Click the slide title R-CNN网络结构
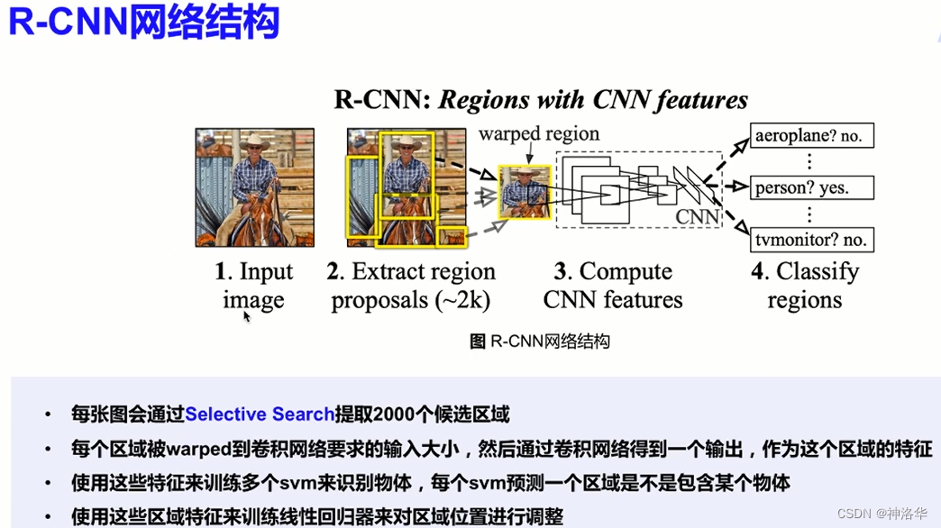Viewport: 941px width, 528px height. pos(144,23)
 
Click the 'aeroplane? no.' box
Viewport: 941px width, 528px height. pos(811,136)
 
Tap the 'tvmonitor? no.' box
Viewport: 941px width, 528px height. pos(811,240)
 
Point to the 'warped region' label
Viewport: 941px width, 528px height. pos(539,134)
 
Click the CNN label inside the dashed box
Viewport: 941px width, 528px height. pos(698,216)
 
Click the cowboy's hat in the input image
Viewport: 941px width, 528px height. pos(256,142)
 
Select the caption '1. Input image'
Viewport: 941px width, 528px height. pos(254,286)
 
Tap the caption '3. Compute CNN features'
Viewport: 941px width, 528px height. pos(613,286)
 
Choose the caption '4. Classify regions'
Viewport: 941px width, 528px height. pos(804,286)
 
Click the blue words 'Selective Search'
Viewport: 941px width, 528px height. pos(260,414)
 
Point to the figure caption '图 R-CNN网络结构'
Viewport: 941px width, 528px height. pos(540,341)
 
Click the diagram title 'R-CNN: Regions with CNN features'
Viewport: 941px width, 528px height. pos(541,99)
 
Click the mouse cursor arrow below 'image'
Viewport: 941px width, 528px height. pos(247,316)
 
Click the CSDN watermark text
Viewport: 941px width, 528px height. pos(882,513)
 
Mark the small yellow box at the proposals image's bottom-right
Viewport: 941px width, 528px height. pos(451,237)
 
